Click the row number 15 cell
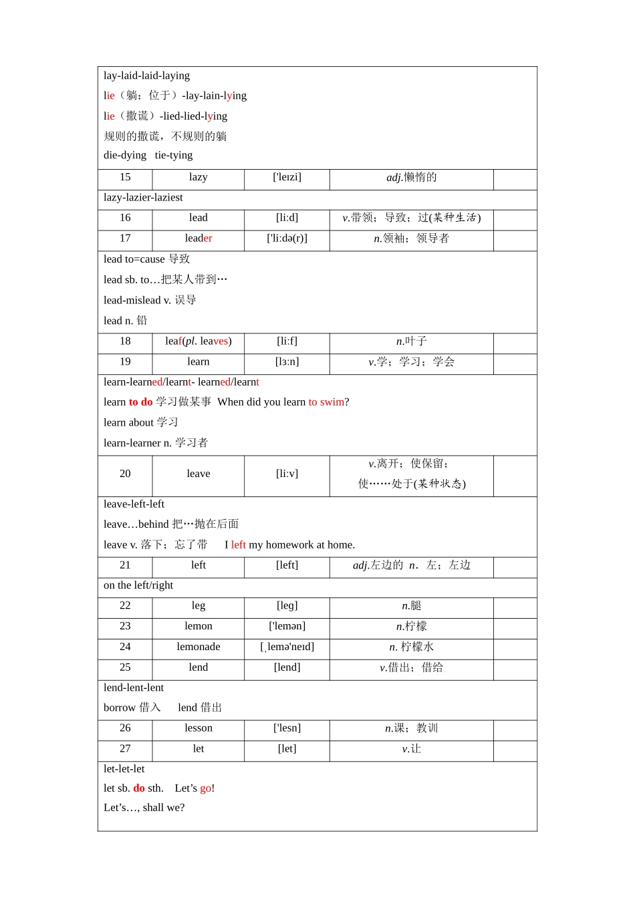[125, 178]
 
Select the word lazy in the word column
[199, 178]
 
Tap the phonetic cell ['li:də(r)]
[287, 239]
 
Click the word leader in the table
[199, 239]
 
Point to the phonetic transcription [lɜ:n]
[287, 362]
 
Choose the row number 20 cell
[125, 474]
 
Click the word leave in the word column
[199, 474]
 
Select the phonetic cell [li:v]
[287, 474]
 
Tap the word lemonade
[199, 647]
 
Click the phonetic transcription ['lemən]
[287, 627]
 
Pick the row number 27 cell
[125, 749]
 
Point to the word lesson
[199, 728]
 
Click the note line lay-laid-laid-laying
[147, 76]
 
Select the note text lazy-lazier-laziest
[143, 198]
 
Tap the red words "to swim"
[326, 402]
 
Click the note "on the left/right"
[138, 586]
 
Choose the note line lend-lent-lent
[134, 688]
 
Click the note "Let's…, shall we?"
[144, 808]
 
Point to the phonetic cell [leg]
[287, 606]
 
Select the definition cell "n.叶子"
[411, 341]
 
